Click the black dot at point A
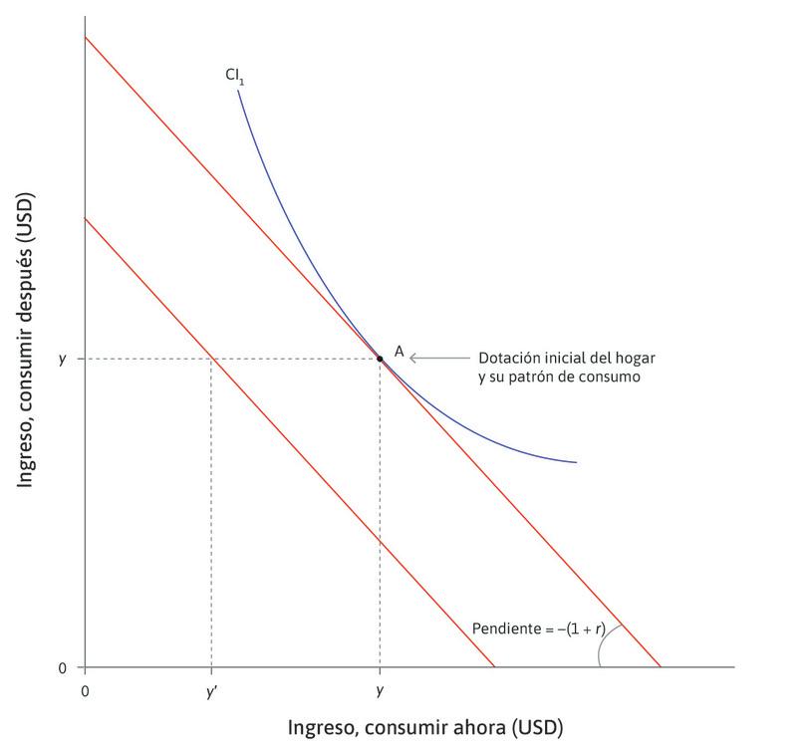[x=380, y=358]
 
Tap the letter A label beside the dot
[x=399, y=352]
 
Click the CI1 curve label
[x=234, y=75]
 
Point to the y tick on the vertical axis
[x=62, y=359]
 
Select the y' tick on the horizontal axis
[x=210, y=691]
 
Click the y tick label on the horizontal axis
[x=380, y=691]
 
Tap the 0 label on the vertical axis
[x=63, y=667]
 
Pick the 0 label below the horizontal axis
[x=85, y=690]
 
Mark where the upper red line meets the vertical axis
[x=85, y=37]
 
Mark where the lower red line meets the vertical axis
[x=85, y=218]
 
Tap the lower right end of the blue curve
[x=576, y=462]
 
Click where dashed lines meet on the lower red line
[x=210, y=358]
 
